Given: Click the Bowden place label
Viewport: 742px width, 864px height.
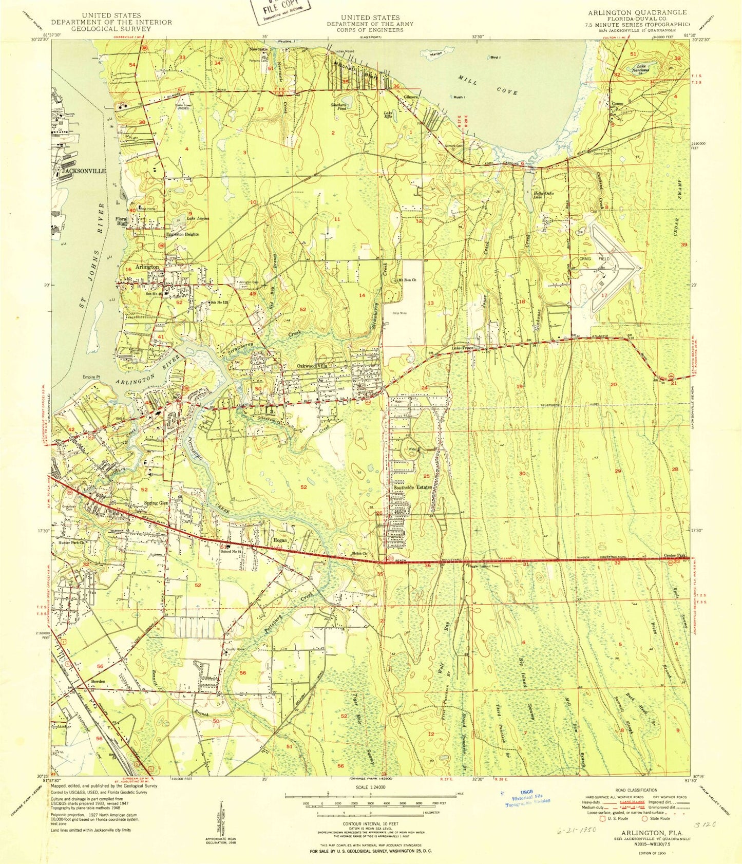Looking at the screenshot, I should pyautogui.click(x=98, y=681).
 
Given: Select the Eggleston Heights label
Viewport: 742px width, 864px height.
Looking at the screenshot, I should pyautogui.click(x=181, y=234).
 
